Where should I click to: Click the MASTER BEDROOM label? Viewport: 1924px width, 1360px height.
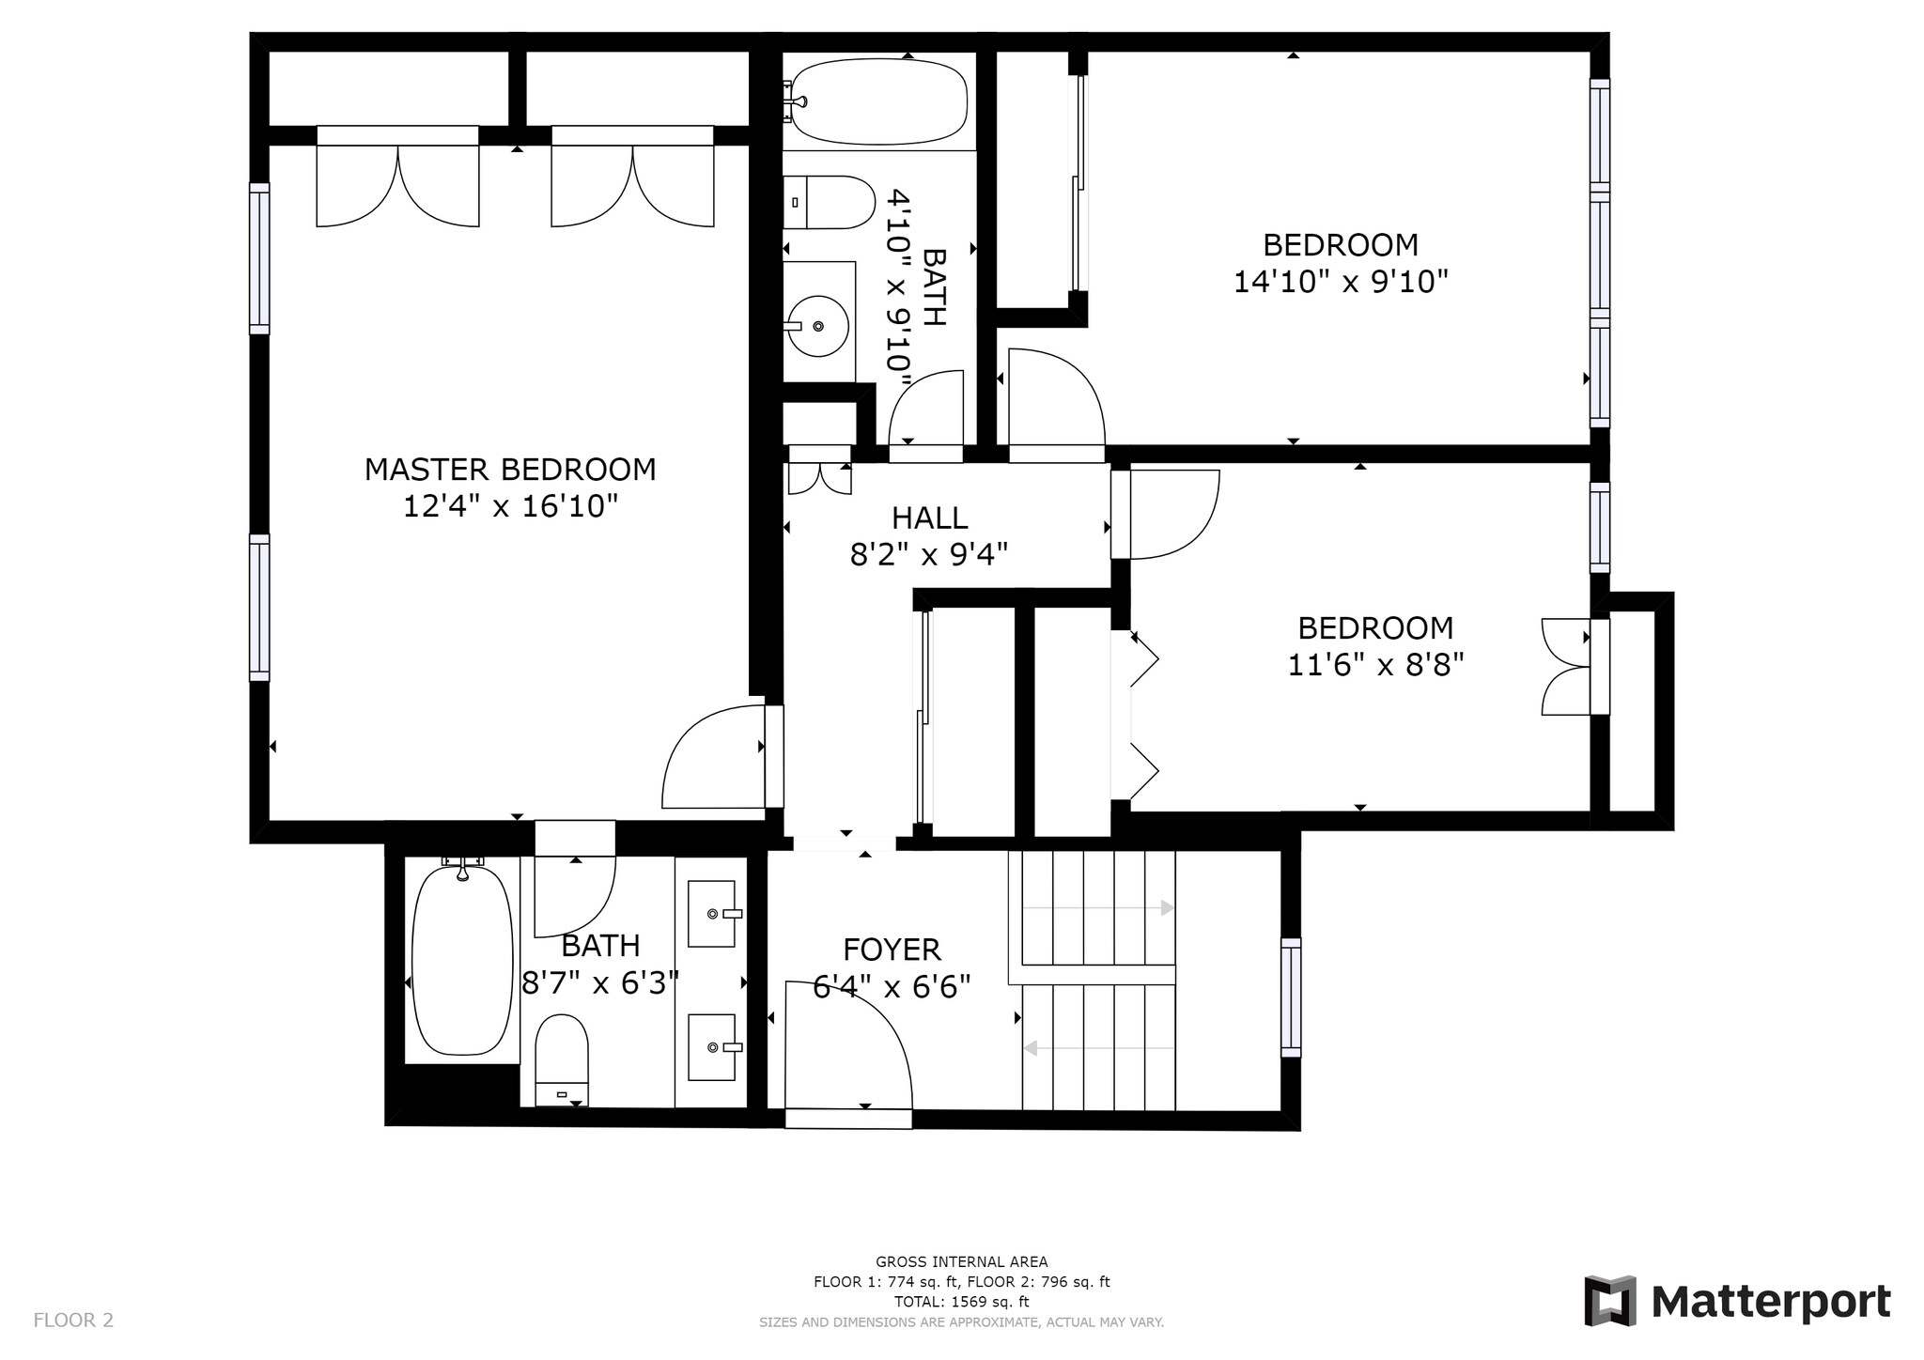[x=510, y=470]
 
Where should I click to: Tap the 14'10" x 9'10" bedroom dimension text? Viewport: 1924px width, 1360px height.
[x=1341, y=282]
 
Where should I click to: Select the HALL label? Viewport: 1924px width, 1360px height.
[x=929, y=518]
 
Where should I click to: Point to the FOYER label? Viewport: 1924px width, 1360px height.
[x=892, y=950]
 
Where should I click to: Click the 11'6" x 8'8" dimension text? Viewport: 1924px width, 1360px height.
[x=1375, y=665]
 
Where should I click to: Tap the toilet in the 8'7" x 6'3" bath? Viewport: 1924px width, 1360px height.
[x=562, y=1059]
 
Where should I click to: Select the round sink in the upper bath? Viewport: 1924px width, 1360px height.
[x=817, y=326]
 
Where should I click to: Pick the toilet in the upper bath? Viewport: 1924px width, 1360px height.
[x=829, y=202]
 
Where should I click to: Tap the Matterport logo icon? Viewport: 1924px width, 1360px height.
[x=1610, y=1301]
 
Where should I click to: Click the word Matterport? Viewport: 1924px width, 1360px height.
[x=1771, y=1303]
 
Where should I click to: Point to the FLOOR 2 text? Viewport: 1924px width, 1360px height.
[x=73, y=1321]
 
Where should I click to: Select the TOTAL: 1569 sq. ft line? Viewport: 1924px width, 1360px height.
[x=961, y=1302]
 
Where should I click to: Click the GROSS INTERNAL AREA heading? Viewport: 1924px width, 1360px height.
[x=961, y=1262]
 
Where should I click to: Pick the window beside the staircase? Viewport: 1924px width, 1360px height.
[x=1291, y=997]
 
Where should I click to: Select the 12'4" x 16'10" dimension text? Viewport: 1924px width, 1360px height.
[x=510, y=507]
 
